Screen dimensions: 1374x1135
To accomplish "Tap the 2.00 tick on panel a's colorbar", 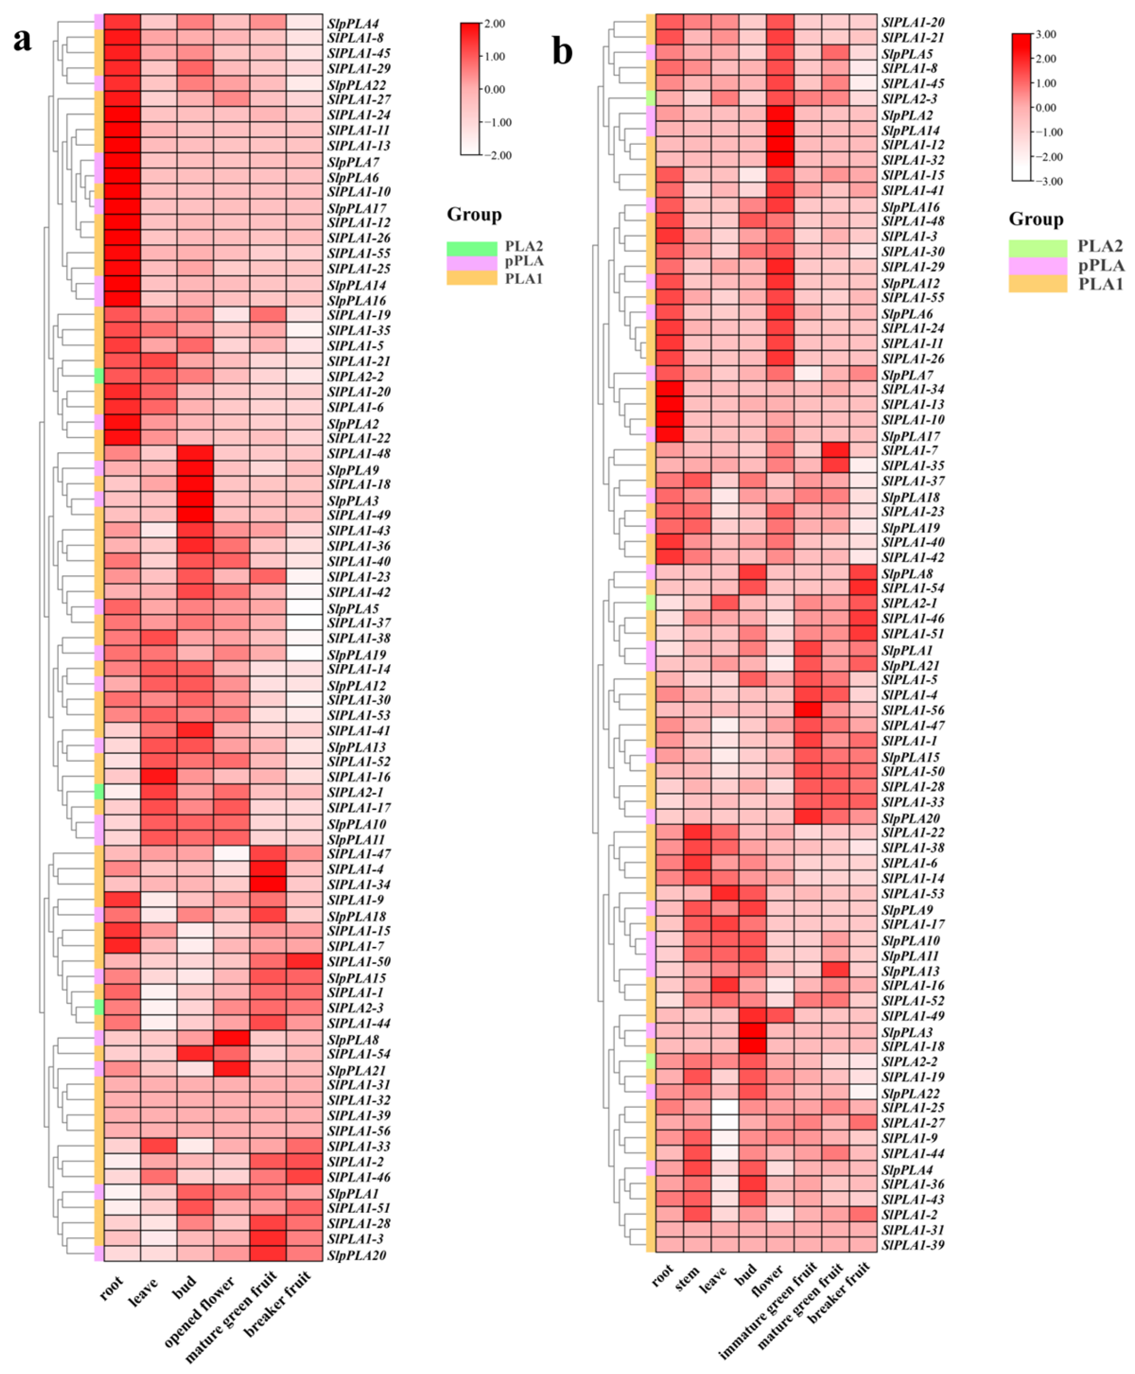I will [495, 24].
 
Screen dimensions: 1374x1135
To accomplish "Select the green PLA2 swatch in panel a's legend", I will [471, 248].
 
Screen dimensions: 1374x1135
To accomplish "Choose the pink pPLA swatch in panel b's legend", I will [1037, 265].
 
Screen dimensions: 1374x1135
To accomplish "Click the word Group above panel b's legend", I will [1036, 219].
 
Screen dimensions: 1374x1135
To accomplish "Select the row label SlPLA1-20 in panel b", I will [913, 22].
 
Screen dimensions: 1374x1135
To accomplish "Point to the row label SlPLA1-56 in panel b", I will [913, 710].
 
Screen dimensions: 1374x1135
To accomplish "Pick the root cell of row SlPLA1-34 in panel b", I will [669, 389].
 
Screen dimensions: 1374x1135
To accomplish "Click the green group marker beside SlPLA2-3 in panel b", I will [651, 98].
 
